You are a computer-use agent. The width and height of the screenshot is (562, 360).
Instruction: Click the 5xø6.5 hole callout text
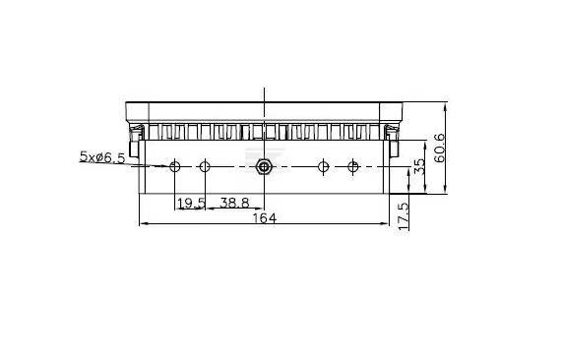pos(102,157)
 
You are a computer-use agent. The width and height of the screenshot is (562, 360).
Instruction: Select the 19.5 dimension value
pos(191,204)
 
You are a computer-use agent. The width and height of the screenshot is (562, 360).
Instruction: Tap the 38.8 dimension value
pos(234,203)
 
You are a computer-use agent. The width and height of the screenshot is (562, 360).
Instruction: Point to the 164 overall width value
pos(265,218)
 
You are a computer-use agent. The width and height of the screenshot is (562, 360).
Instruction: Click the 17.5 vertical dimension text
pos(404,216)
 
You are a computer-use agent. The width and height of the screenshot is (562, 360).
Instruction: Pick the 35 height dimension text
pos(419,166)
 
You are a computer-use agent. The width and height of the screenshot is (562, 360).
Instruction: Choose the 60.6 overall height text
pos(439,148)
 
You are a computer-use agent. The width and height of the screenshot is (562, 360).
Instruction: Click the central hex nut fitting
pos(264,166)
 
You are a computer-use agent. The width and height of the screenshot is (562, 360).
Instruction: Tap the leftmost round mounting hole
pos(175,166)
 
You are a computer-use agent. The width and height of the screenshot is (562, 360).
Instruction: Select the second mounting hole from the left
pos(205,166)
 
